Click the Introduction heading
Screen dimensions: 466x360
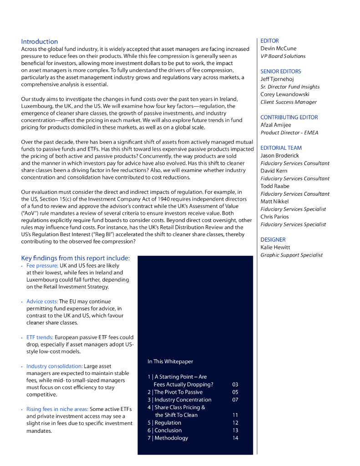(x=40, y=41)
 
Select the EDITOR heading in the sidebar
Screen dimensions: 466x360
(x=269, y=41)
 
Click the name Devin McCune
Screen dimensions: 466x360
(x=278, y=48)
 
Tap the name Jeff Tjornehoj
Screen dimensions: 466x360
(x=277, y=79)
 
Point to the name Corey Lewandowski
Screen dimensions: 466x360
(x=285, y=94)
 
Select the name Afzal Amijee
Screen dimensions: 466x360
(x=276, y=125)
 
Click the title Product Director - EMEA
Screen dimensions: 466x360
(x=289, y=132)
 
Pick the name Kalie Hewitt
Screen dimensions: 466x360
(x=275, y=247)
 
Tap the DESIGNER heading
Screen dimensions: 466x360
(x=273, y=239)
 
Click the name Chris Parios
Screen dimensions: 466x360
(x=274, y=217)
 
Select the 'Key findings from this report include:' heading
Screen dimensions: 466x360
(x=76, y=258)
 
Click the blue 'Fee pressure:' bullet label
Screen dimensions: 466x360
(x=42, y=265)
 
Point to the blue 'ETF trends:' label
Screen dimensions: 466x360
(x=40, y=337)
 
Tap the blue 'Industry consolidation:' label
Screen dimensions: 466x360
(x=55, y=366)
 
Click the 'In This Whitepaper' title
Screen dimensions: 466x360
(x=170, y=361)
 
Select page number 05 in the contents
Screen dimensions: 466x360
(x=235, y=392)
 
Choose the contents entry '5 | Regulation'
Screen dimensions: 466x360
(x=164, y=422)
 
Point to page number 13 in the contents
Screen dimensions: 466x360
(x=235, y=430)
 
